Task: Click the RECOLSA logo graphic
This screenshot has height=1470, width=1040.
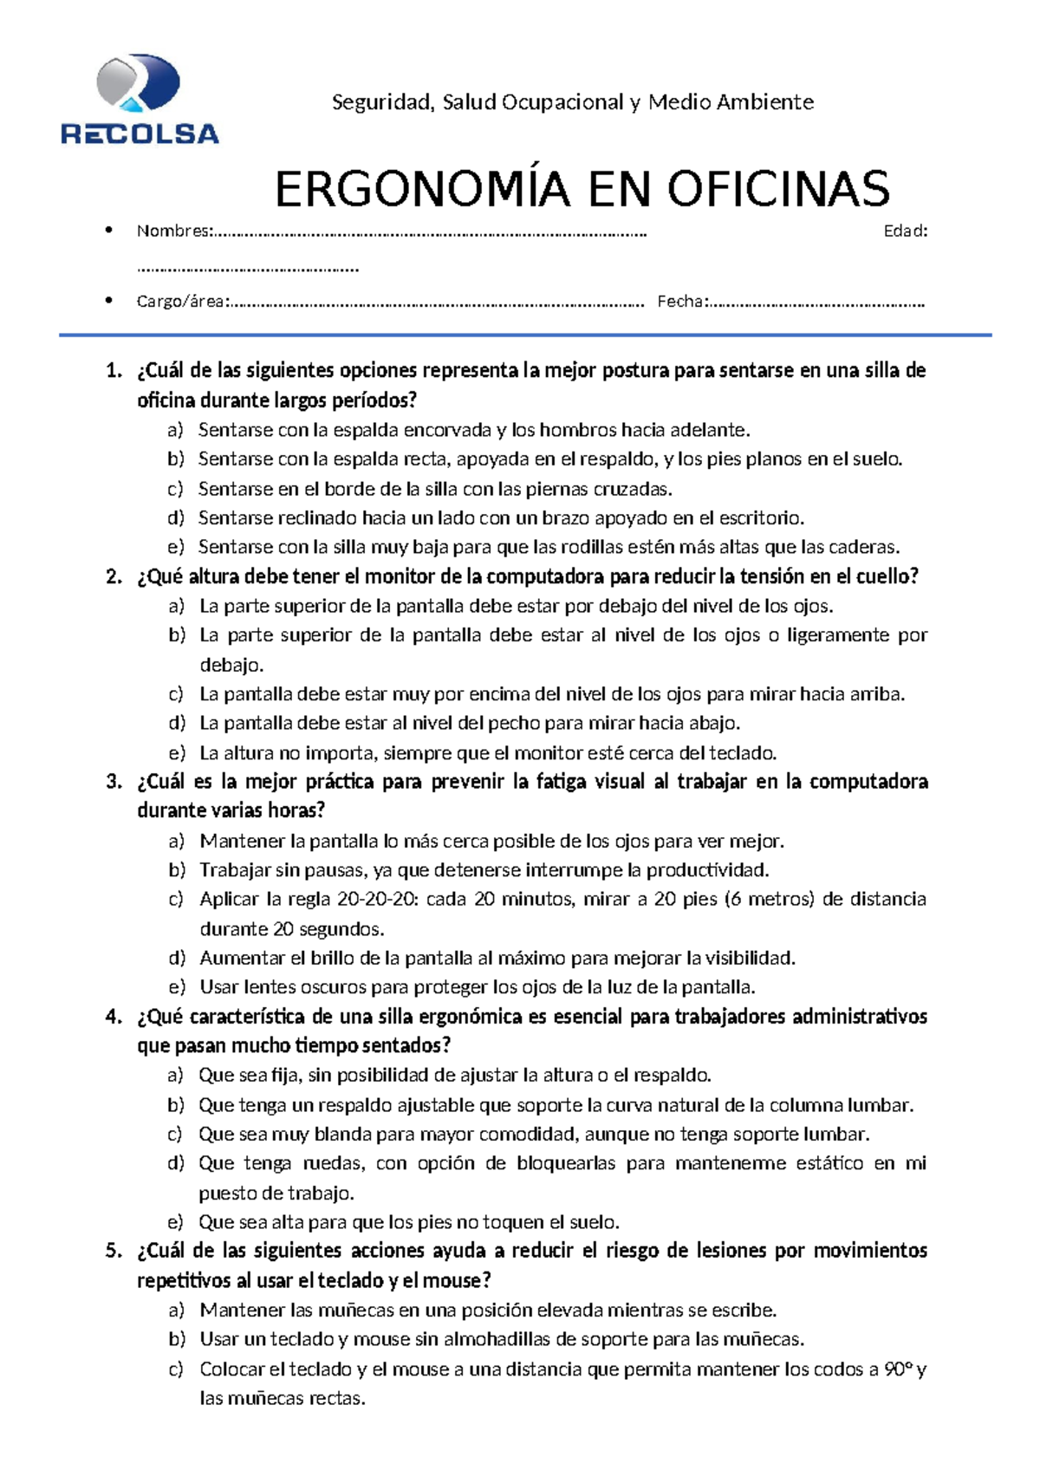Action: tap(139, 97)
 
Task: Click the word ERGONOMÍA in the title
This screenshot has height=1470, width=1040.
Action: tap(422, 189)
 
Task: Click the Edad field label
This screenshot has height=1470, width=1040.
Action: tap(905, 231)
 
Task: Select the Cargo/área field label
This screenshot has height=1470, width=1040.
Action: tap(182, 302)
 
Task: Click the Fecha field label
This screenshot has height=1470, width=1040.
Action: tap(682, 302)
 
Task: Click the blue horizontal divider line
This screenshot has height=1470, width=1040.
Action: tap(524, 335)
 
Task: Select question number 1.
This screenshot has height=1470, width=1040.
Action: tap(114, 371)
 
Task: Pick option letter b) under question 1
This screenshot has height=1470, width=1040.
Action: tap(176, 459)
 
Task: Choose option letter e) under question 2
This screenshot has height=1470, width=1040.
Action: tap(177, 752)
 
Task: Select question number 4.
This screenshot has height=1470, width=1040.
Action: tap(114, 1017)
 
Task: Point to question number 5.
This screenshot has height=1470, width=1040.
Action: tap(114, 1251)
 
